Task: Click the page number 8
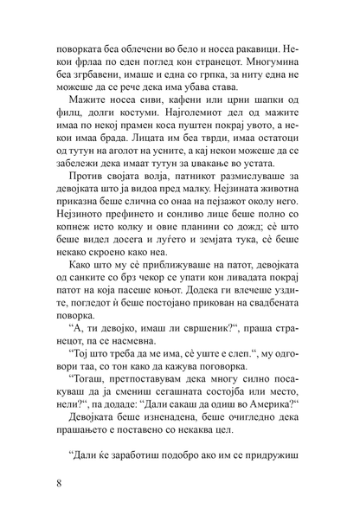click(x=57, y=482)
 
